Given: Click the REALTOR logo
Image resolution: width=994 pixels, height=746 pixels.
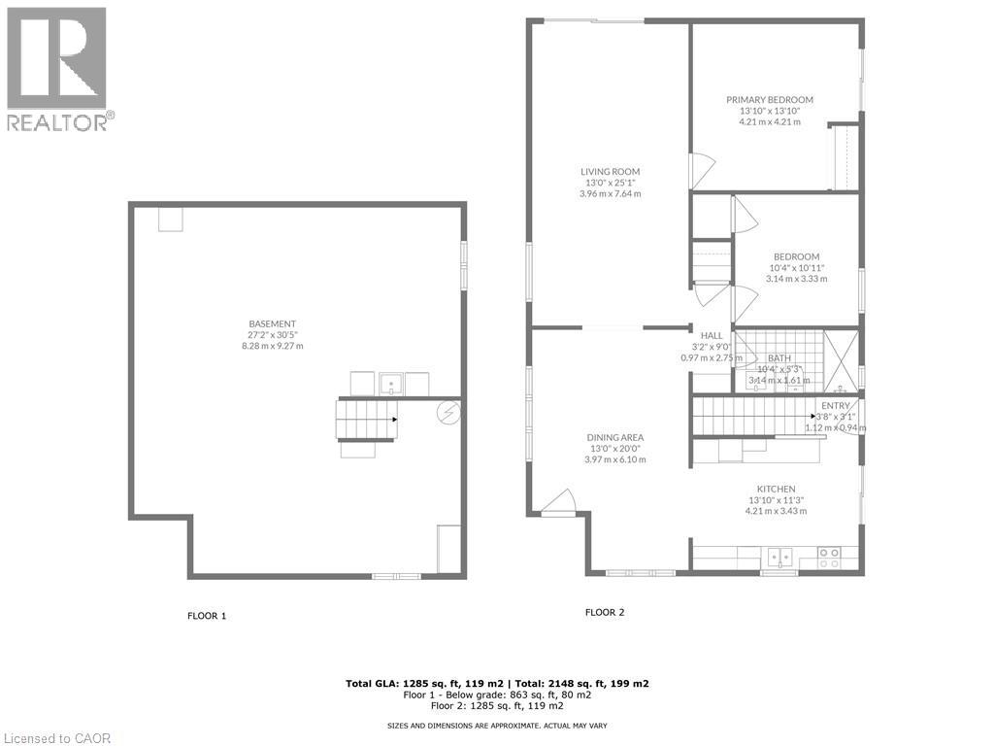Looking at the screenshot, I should point(57,68).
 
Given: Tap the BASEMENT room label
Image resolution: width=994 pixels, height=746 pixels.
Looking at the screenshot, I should point(272,323).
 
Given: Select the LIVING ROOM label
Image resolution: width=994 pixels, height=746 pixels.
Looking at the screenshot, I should point(610,172).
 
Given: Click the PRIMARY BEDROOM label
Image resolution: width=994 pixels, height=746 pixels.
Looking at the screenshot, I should point(770,99).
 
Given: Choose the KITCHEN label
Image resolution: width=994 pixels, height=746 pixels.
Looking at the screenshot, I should point(776,489).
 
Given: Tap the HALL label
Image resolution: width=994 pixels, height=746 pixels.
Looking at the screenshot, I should point(712,335).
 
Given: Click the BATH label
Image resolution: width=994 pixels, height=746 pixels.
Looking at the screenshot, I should point(779,358).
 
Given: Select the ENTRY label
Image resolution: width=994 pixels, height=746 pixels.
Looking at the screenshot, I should point(835,405).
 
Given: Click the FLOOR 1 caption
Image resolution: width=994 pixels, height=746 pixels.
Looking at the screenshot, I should point(207,616).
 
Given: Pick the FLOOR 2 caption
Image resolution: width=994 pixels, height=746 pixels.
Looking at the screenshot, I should point(605,612).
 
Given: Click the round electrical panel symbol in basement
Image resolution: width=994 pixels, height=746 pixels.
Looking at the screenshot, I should point(448,412).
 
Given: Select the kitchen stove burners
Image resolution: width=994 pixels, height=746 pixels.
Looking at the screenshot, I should point(830,558).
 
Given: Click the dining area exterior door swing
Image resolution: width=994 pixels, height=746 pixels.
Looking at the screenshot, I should point(559,502).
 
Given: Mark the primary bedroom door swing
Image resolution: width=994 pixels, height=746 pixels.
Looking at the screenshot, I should point(701,170).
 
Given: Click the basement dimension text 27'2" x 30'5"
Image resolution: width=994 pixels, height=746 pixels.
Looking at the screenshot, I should point(272,335).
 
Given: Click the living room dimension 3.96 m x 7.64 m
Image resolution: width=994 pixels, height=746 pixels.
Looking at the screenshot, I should point(610,193).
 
